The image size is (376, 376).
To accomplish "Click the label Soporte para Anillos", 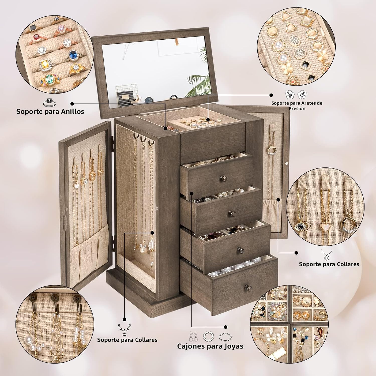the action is click(50, 111).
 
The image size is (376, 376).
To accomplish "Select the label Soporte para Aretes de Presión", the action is click(297, 106).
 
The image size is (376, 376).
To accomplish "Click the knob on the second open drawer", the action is click(231, 214).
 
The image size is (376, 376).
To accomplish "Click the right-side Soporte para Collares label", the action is click(329, 264).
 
